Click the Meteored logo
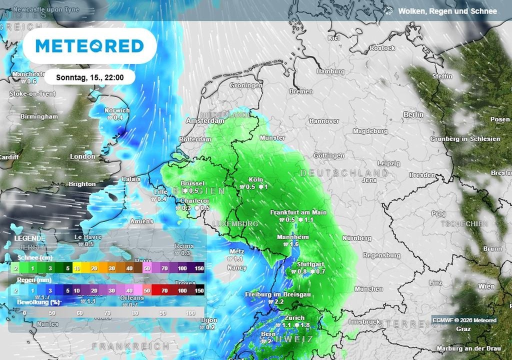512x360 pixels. coord(90,46)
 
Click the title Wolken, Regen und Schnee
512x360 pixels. coord(447,10)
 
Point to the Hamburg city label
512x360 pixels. coord(330,71)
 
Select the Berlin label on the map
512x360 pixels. coord(413,114)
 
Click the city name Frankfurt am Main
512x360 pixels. coord(298,212)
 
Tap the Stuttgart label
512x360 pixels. coord(310,264)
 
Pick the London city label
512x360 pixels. coord(82,156)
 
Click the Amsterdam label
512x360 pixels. coord(205,121)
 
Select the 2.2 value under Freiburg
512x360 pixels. coord(279,302)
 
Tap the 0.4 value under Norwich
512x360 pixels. coord(118,117)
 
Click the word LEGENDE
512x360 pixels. coord(29,238)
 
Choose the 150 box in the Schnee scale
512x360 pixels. coord(199,268)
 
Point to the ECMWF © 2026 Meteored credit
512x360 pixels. coord(464,320)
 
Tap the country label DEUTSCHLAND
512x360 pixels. coord(344,173)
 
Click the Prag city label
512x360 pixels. coord(438,213)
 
